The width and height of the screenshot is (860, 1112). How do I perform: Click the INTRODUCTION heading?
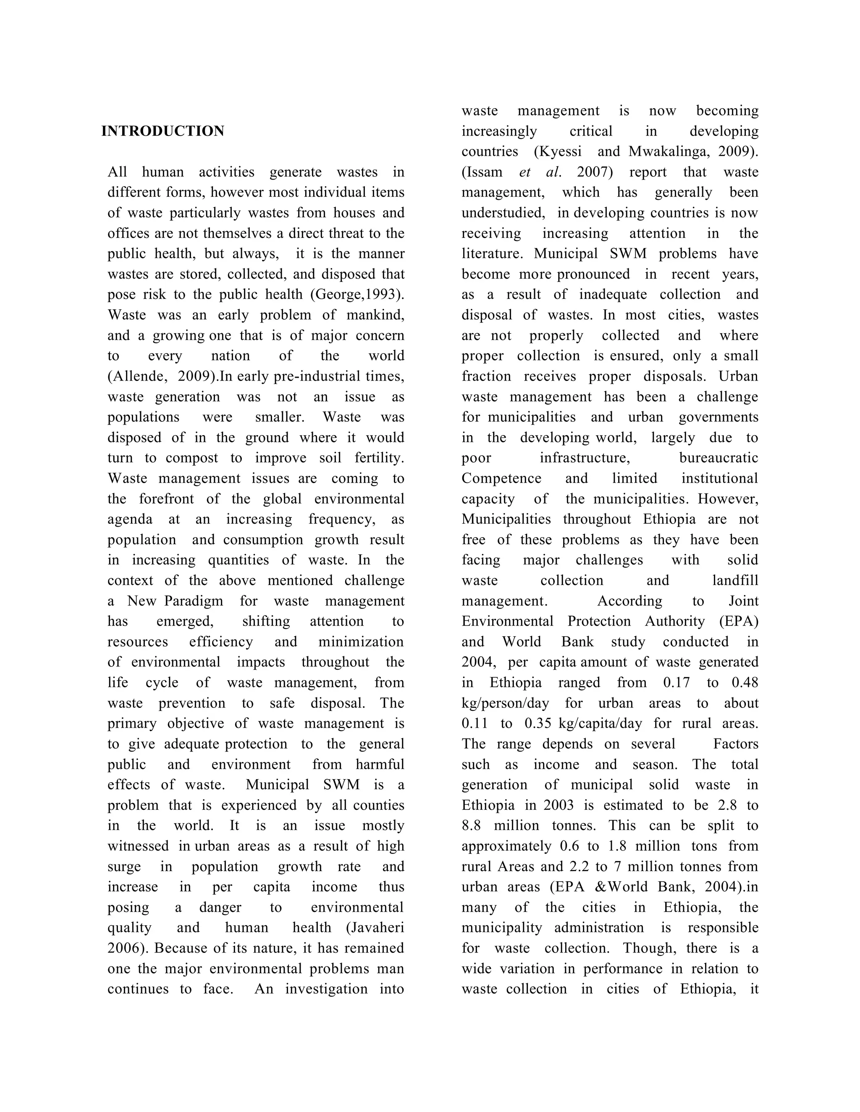coord(163,131)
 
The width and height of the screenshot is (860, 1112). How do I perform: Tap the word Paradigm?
coord(194,601)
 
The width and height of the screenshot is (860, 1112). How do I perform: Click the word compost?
coord(191,458)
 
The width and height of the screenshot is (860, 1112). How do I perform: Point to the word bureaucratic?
coord(718,458)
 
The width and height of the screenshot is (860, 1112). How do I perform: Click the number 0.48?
coord(745,683)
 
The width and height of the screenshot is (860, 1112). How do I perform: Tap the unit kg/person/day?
coord(506,704)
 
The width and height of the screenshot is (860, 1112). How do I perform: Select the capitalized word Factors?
coord(736,744)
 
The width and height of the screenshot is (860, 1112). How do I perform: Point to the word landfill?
coord(735,581)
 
